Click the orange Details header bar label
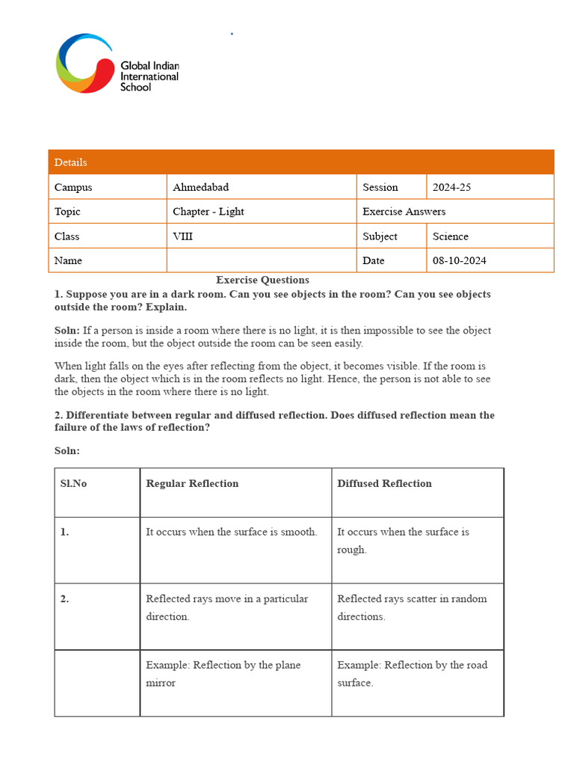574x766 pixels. [71, 162]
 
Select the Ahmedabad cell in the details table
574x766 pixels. [197, 187]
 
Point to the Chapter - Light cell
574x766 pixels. [209, 212]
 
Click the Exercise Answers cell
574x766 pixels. [404, 212]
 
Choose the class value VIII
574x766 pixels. [183, 236]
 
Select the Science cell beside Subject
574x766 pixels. [450, 236]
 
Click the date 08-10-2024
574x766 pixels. [459, 260]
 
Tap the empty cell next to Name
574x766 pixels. [262, 260]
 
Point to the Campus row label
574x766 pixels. [73, 187]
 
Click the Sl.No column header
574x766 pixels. [73, 484]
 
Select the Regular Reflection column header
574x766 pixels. [192, 484]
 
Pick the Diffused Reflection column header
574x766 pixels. [384, 484]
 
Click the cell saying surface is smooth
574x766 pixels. [232, 532]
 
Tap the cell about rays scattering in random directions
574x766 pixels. [412, 607]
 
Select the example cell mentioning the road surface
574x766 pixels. [412, 673]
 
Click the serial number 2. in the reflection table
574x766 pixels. [65, 598]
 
